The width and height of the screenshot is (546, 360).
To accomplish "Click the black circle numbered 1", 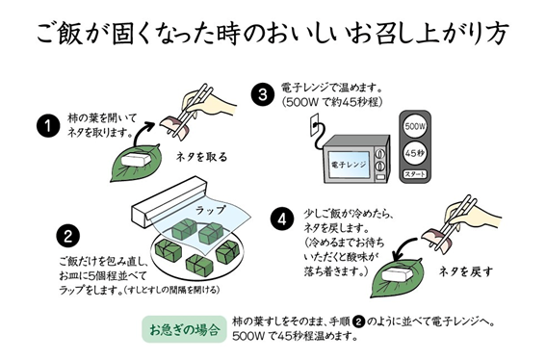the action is pos(48,126).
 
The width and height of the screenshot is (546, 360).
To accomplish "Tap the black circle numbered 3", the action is pos(263,94).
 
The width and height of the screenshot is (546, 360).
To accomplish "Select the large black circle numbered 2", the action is pos(67,237).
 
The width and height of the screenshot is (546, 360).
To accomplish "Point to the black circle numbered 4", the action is pos(282,219).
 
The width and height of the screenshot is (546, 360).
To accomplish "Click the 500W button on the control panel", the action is pos(415,127).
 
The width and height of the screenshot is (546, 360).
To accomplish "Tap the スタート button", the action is pos(415,174).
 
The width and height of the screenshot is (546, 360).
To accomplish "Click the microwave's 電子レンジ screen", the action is pos(349,164).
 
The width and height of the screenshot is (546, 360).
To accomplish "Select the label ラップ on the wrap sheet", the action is pos(210,210).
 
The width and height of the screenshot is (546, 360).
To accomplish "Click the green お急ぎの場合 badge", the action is pos(184,329).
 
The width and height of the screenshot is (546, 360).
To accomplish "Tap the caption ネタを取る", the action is pos(201,157).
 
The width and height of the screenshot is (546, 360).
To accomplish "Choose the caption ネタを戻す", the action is pos(466,271).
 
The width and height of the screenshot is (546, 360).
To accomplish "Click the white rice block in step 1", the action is pos(137,161).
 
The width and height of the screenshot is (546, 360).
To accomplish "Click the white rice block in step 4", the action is pos(398,274).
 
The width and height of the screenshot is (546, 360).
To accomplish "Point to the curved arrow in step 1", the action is pos(142,132).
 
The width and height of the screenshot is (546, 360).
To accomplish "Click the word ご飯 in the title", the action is pos(60,34).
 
